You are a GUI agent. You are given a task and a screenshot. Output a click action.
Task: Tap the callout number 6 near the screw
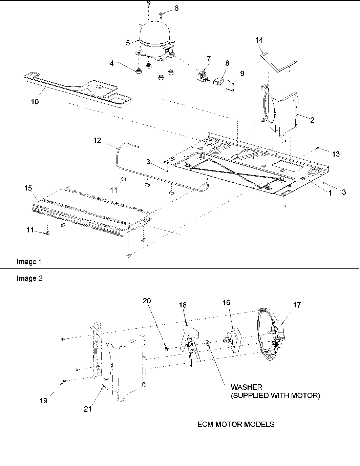[176, 8]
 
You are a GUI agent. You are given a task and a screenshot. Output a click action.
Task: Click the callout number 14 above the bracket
[259, 40]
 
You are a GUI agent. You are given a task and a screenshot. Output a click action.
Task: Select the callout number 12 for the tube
[98, 140]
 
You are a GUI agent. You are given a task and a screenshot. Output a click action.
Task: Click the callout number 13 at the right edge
[336, 154]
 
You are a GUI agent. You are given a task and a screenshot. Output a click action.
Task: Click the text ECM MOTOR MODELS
[236, 424]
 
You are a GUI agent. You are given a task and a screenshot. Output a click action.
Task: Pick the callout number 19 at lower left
[43, 401]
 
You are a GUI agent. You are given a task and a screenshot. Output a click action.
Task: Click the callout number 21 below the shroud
[88, 409]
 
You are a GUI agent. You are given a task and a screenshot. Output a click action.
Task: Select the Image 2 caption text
[29, 279]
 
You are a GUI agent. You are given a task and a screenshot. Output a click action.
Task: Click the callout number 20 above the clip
[147, 301]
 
